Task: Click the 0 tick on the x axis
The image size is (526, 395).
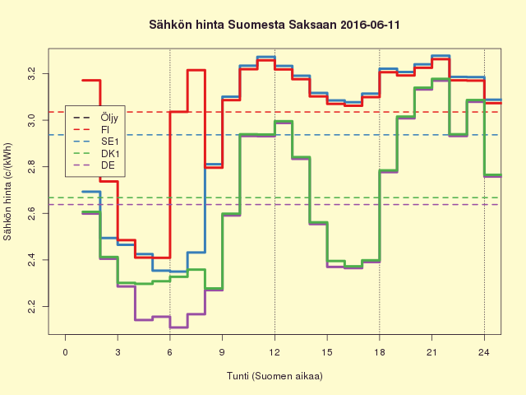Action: coord(66,353)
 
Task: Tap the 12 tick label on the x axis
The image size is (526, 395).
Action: coord(275,353)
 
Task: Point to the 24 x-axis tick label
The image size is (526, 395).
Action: coord(484,353)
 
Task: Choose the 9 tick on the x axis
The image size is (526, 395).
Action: coord(223,353)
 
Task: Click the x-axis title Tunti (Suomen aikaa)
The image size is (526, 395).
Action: coord(275,376)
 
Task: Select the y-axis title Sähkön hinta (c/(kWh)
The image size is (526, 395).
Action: coord(10,191)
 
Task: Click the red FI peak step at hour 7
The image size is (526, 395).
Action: coord(196,70)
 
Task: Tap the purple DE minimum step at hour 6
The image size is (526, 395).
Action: coord(178,328)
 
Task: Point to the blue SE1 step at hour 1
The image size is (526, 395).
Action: coord(91,192)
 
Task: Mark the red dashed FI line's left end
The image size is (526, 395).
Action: coord(51,112)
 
